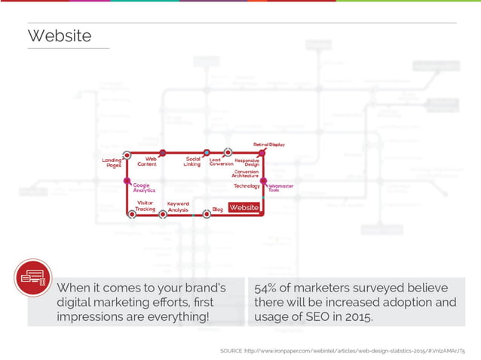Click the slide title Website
60,36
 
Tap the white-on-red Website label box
244,207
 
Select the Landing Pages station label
112,163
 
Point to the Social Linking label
192,161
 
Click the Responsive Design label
247,162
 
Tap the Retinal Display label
268,144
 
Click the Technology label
247,185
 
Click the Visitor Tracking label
146,206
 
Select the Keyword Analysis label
178,206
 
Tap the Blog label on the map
217,209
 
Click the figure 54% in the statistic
268,288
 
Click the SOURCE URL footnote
347,351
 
